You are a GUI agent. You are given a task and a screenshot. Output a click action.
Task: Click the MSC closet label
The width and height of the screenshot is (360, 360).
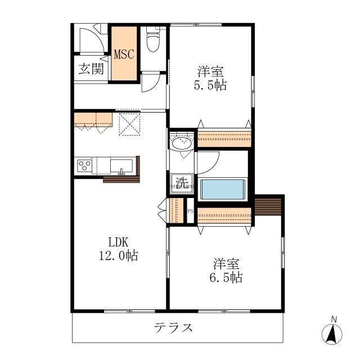(x=124, y=55)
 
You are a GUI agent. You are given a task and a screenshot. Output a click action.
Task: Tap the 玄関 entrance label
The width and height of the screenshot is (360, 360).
(x=90, y=69)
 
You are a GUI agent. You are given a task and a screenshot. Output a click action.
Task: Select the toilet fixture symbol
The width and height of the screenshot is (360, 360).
(x=152, y=40)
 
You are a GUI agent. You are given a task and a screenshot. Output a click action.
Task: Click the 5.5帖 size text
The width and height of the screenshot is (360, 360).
(x=211, y=87)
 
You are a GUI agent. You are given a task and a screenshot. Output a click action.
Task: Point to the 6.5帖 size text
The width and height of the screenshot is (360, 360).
(x=227, y=277)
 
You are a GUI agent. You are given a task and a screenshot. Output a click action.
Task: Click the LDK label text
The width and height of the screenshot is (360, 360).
(x=119, y=242)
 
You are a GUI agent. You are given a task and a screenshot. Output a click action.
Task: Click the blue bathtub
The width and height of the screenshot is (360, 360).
(x=224, y=189)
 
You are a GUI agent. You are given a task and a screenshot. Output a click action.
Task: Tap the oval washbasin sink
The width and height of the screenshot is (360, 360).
(x=182, y=143)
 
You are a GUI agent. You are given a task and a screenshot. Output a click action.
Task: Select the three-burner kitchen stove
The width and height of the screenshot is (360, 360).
(x=84, y=166)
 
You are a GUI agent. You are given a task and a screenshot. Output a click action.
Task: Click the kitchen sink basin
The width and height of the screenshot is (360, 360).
(x=121, y=166)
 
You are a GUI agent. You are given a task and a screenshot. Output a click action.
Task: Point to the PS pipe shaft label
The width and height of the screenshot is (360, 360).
(x=190, y=211)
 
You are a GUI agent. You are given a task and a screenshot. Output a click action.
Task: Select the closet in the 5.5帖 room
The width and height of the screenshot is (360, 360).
(x=224, y=138)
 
